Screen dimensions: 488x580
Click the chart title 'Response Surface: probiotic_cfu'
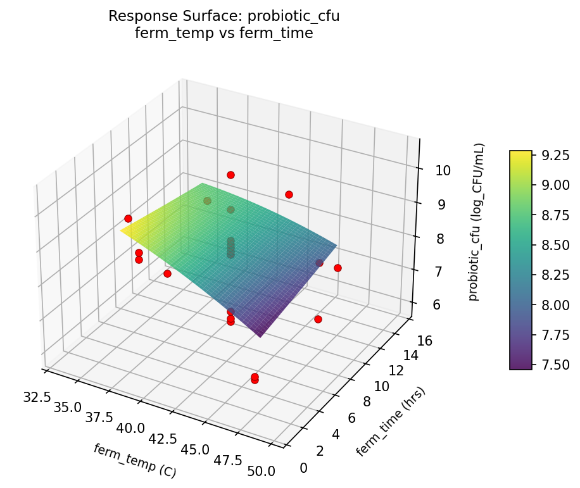click(x=224, y=16)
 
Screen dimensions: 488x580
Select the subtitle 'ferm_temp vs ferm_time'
click(x=224, y=33)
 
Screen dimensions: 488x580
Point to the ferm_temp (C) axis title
click(x=134, y=460)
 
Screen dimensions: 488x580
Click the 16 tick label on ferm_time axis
click(x=425, y=341)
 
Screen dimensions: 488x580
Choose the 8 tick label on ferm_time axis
click(x=364, y=402)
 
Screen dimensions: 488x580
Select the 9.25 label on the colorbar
click(x=554, y=155)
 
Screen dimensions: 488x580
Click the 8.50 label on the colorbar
click(x=554, y=245)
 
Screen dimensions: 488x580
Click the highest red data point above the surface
click(x=230, y=175)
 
